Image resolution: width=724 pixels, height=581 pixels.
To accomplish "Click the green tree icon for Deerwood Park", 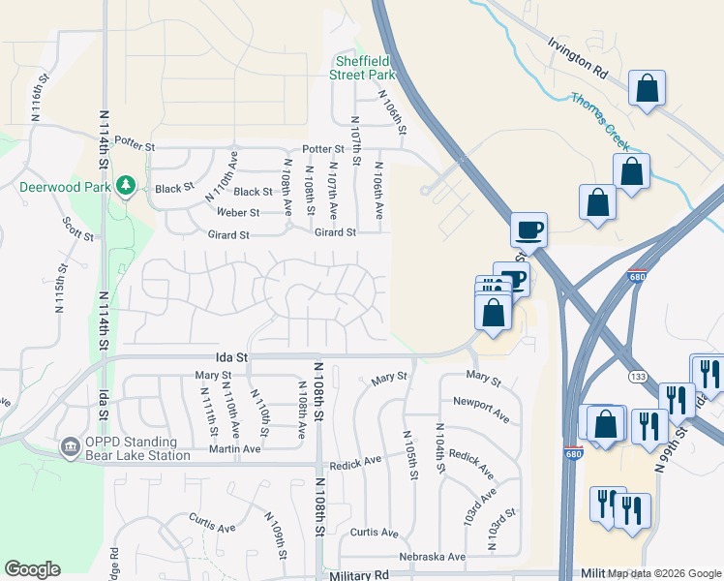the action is pyautogui.click(x=125, y=184).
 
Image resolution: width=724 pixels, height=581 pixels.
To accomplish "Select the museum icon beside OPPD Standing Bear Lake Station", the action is pyautogui.click(x=70, y=446).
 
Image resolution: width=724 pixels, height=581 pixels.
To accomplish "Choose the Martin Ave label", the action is pyautogui.click(x=235, y=448).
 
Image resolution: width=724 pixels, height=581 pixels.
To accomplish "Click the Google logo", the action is pyautogui.click(x=32, y=569).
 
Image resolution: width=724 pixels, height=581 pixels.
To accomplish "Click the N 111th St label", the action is pyautogui.click(x=209, y=413).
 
